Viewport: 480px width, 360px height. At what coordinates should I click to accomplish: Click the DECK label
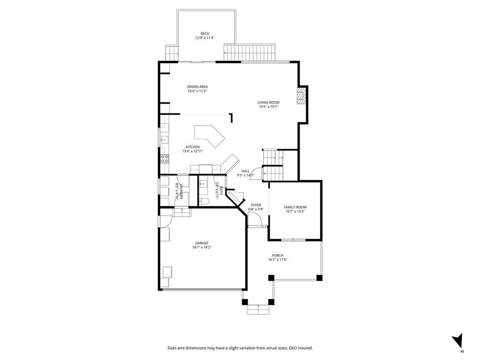pos(204,33)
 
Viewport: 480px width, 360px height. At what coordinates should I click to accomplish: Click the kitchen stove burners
pos(165,158)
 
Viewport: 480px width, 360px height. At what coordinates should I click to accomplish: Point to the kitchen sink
pos(165,139)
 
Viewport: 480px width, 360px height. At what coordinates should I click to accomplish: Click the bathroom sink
pos(203,184)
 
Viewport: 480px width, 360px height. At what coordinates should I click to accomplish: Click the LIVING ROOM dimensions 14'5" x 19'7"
pos(268,107)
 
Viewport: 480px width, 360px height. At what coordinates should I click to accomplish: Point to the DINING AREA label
pos(197,87)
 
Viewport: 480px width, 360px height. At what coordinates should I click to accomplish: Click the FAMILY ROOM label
pos(295,207)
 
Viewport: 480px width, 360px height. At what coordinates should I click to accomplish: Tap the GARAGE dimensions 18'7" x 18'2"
pos(202,247)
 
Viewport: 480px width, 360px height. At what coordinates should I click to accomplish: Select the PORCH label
pos(277,255)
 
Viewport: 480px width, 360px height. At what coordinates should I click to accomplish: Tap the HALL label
pos(245,171)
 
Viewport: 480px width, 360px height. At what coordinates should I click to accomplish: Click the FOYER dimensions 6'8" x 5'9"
pos(256,210)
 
